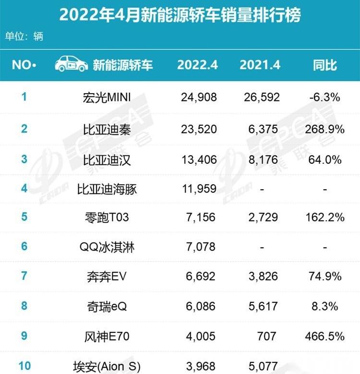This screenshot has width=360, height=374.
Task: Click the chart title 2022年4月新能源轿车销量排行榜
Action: pyautogui.click(x=180, y=15)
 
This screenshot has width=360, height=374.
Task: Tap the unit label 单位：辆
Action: pyautogui.click(x=24, y=36)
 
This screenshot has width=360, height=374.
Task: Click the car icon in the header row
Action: pyautogui.click(x=72, y=63)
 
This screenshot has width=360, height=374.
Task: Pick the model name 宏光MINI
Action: pyautogui.click(x=107, y=97)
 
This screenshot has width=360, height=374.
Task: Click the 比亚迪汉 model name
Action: pyautogui.click(x=107, y=159)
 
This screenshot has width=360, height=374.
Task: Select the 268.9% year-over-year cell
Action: pyautogui.click(x=325, y=129)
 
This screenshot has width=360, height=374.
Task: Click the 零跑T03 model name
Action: pyautogui.click(x=107, y=217)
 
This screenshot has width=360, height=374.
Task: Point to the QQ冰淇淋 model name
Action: pyautogui.click(x=107, y=247)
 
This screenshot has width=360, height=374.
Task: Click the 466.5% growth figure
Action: pyautogui.click(x=325, y=336)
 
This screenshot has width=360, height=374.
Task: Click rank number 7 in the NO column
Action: pyautogui.click(x=24, y=276)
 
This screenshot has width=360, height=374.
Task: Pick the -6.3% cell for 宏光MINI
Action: pyautogui.click(x=325, y=97)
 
